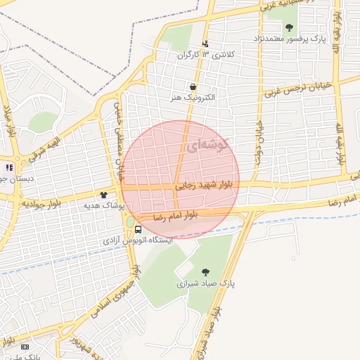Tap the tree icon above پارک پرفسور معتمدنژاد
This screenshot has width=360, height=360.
pos(289,27)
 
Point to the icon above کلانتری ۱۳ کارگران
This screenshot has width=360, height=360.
pos(205,44)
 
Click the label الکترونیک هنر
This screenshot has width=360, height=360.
pos(193,98)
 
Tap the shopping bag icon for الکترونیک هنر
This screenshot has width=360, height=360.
pos(193,87)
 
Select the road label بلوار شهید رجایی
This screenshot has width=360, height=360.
pos(207,186)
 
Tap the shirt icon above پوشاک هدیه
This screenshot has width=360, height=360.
pos(104,195)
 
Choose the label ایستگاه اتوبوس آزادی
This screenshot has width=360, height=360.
pos(138,240)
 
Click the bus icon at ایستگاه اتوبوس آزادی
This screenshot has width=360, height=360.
pos(137,230)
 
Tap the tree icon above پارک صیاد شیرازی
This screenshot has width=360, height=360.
pos(205,272)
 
